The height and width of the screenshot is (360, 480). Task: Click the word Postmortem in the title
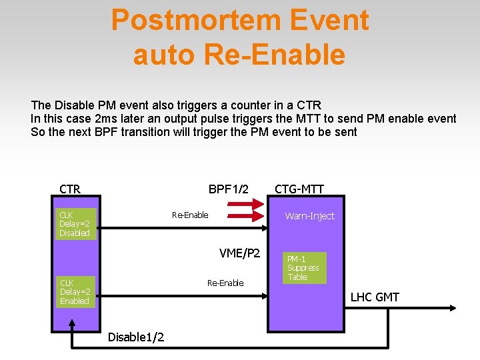(x=196, y=20)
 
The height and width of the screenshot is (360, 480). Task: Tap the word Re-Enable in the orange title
(x=275, y=54)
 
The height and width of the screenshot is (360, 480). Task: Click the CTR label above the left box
(x=70, y=189)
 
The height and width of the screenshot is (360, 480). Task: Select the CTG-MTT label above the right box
(x=299, y=189)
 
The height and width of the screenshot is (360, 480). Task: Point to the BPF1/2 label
(x=229, y=189)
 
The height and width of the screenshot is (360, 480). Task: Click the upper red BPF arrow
(x=245, y=203)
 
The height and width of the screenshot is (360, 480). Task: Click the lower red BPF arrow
(x=245, y=216)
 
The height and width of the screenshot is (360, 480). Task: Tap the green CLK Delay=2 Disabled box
(x=76, y=224)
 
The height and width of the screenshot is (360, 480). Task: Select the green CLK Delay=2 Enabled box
(x=75, y=292)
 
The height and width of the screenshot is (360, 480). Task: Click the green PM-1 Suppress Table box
(x=304, y=268)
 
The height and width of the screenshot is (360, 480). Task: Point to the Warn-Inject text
(x=310, y=216)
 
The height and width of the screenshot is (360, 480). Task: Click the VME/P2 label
(x=240, y=253)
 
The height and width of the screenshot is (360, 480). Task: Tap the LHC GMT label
(x=375, y=297)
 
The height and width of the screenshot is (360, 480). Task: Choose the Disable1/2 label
(x=136, y=337)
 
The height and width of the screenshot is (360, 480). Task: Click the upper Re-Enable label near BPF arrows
(x=190, y=215)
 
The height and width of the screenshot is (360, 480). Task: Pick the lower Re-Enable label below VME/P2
(x=225, y=283)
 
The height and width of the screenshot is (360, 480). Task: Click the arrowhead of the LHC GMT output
(x=453, y=308)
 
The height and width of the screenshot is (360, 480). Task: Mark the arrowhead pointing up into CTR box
(x=72, y=323)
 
